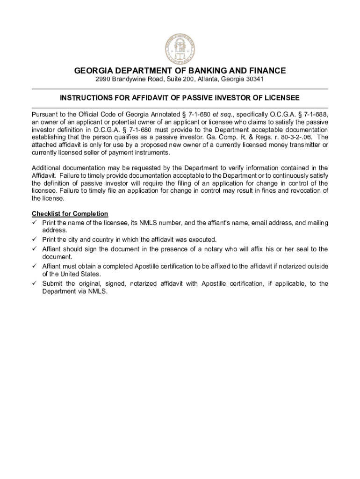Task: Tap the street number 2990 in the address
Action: (103, 80)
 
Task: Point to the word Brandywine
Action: (133, 80)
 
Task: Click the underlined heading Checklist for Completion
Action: (70, 214)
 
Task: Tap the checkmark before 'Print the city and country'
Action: (34, 239)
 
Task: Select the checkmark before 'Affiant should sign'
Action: (34, 249)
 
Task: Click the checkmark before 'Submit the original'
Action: (34, 283)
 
